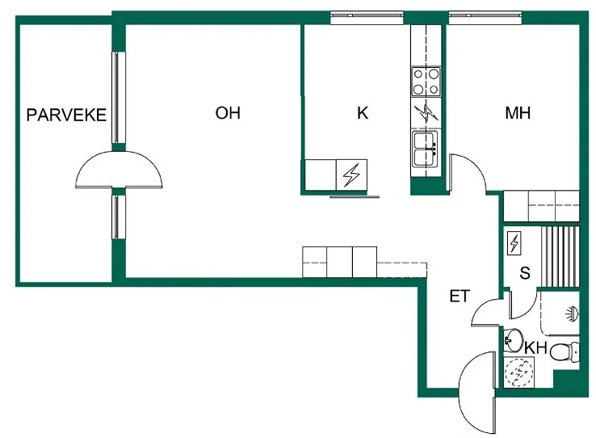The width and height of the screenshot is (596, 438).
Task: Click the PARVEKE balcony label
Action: (66, 115)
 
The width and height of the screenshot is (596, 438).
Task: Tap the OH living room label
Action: (228, 113)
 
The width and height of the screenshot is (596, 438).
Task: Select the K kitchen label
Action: (363, 113)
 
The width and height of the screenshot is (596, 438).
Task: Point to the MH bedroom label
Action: (518, 113)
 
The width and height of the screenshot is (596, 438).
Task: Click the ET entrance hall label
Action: (460, 297)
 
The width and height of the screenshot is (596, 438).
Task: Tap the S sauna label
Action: (525, 273)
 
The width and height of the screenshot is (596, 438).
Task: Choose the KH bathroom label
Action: (536, 347)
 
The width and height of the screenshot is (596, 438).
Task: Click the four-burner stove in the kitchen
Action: (426, 82)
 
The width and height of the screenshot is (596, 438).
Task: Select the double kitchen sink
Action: (426, 149)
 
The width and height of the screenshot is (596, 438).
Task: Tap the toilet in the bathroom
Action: (565, 352)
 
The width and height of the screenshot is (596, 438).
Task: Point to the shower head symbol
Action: (572, 314)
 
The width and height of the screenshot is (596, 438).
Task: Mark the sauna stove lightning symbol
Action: (514, 243)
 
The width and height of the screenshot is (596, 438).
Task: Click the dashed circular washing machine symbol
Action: (518, 373)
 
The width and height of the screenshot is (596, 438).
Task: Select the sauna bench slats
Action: (560, 257)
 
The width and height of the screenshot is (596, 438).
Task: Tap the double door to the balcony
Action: (119, 170)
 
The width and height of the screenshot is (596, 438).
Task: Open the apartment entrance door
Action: (477, 393)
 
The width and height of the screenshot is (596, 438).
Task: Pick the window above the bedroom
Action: (485, 17)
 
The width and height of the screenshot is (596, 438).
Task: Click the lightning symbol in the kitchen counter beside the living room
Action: (351, 175)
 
